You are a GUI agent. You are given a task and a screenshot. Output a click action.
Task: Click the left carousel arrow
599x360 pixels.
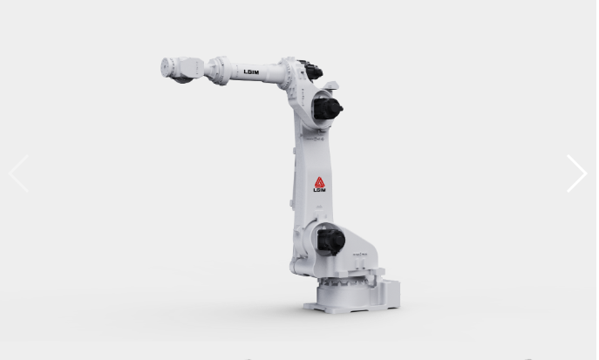[x=18, y=173]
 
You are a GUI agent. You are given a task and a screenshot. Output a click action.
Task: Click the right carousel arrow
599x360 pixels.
[x=576, y=173]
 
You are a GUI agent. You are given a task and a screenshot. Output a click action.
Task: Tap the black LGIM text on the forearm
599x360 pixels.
[x=251, y=72]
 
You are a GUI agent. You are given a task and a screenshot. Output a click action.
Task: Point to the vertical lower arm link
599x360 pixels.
[x=307, y=174]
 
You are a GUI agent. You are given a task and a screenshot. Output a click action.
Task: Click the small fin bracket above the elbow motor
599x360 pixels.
[x=330, y=85]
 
